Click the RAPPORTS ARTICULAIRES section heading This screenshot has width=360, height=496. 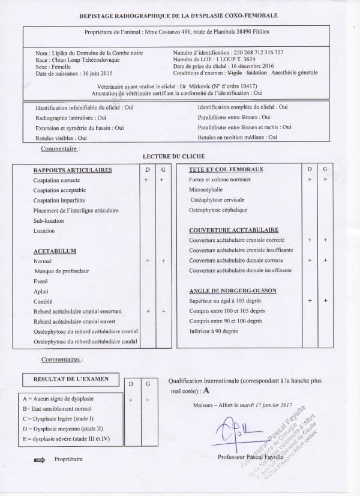point(73,171)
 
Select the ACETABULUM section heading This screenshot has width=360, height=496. point(55,251)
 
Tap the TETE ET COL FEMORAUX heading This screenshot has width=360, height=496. point(226,170)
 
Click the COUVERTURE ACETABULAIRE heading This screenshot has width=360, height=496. point(233,230)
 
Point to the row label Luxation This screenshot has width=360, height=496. point(44,231)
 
